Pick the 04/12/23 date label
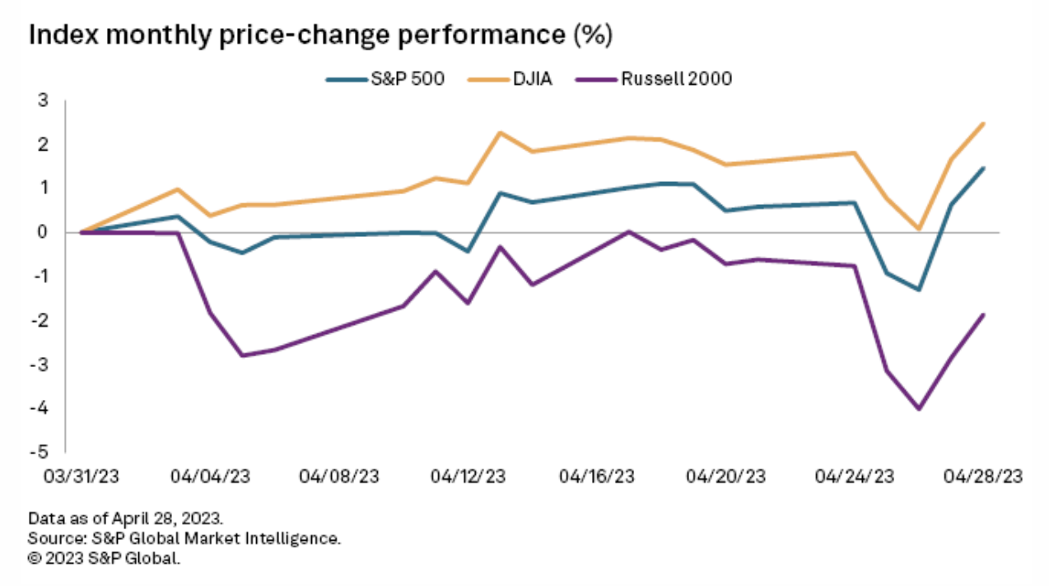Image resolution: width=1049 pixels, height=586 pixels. (x=469, y=477)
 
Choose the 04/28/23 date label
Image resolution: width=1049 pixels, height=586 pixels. (x=983, y=477)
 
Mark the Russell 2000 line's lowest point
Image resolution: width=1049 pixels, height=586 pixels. (x=919, y=409)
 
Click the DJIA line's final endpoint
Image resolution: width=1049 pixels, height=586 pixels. (x=983, y=123)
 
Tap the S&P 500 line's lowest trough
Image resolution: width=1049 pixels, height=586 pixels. (x=919, y=290)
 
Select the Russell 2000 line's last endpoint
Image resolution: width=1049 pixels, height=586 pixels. (x=983, y=314)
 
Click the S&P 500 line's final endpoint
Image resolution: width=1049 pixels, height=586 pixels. (x=983, y=168)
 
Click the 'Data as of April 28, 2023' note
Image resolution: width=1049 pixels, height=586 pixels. (x=125, y=519)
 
